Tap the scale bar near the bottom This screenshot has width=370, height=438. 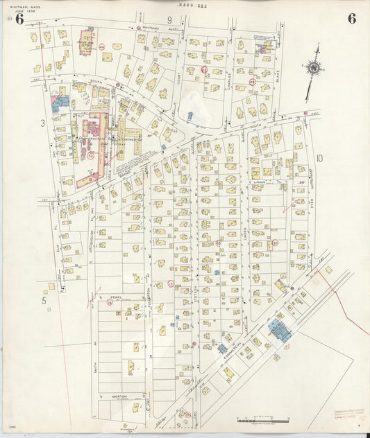(261, 420)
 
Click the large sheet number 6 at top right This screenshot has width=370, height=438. (352, 19)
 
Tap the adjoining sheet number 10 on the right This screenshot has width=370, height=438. (319, 158)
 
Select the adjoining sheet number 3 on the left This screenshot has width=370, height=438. (42, 123)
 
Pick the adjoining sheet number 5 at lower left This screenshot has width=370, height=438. (42, 301)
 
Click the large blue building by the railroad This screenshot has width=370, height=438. (279, 330)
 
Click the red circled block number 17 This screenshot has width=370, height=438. (171, 284)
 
